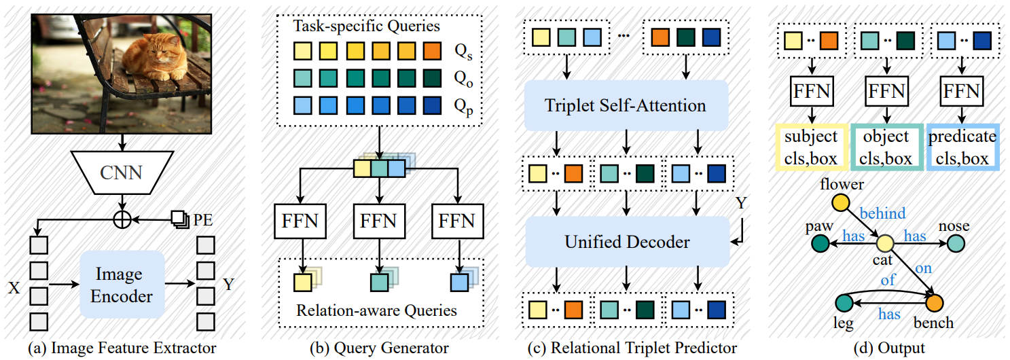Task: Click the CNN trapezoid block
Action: (122, 173)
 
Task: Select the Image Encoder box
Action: (122, 285)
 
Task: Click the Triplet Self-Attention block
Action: (626, 105)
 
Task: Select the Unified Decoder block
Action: (626, 242)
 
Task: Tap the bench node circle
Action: (935, 303)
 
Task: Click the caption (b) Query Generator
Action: (380, 348)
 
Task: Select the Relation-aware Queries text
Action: (376, 311)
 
